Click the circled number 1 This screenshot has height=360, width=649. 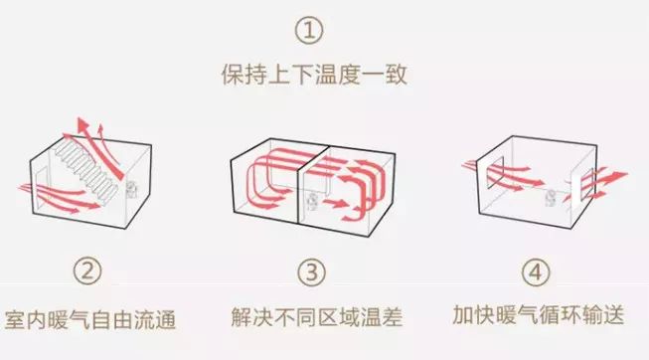(310, 30)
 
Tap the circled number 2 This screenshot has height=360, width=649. (87, 271)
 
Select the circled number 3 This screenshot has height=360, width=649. (312, 272)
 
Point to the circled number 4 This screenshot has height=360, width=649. (536, 272)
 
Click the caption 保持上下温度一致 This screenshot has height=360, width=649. (315, 75)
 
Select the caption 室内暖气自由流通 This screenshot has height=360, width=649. (90, 320)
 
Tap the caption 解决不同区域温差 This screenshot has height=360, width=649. (317, 317)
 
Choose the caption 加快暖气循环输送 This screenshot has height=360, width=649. (538, 315)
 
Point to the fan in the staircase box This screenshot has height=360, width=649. (131, 189)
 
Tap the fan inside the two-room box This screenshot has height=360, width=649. (312, 201)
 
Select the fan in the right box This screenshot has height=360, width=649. (551, 198)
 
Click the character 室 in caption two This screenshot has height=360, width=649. (15, 320)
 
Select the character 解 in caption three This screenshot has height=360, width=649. (242, 317)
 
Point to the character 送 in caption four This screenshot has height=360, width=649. (613, 315)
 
